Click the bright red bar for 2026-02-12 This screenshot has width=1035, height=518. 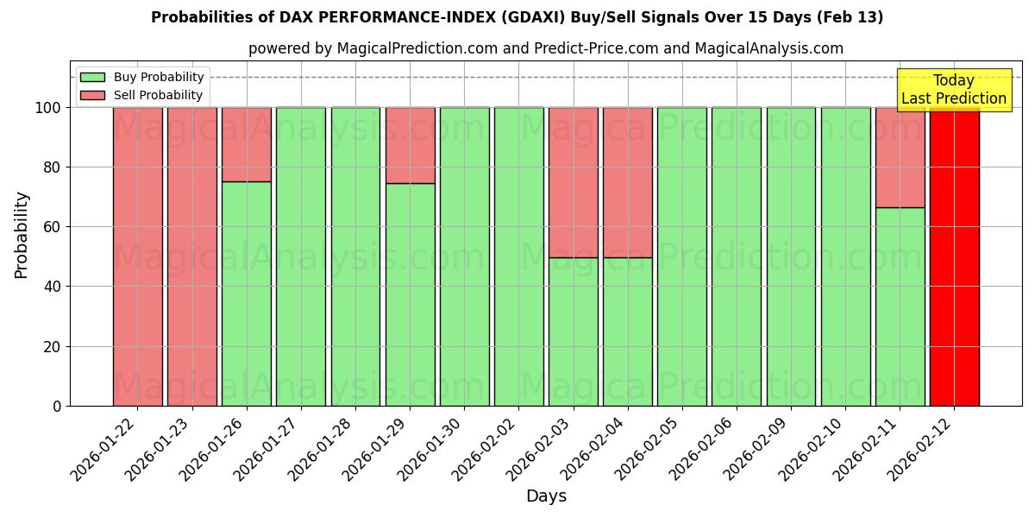954,256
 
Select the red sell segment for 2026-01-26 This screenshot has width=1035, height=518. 247,144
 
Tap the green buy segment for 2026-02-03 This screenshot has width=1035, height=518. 573,332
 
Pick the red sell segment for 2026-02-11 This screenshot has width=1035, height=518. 900,157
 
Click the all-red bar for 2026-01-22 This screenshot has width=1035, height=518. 137,256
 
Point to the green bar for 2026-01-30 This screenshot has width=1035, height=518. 464,256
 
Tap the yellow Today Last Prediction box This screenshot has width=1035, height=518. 953,90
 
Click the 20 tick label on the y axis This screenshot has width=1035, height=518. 52,347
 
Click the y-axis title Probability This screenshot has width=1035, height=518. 22,234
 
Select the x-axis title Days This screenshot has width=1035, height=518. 546,496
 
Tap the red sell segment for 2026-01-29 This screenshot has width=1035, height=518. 410,145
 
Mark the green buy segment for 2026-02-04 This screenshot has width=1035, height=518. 627,332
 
